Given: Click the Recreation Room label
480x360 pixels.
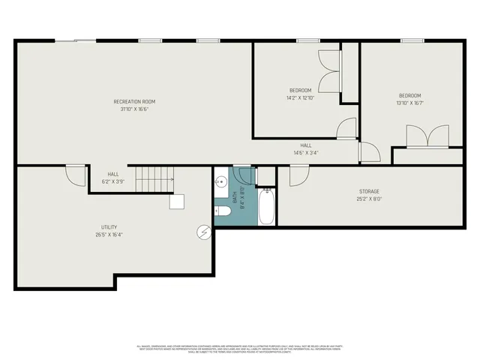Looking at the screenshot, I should (x=134, y=101).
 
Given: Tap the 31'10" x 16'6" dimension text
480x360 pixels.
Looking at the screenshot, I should (x=134, y=109).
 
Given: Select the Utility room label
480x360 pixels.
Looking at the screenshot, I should (x=109, y=227).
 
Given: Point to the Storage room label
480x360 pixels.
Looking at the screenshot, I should (x=368, y=192).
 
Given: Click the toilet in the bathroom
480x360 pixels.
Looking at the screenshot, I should (x=223, y=212).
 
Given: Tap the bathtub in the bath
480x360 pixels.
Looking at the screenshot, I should (x=267, y=207).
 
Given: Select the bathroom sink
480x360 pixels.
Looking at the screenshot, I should (x=221, y=182).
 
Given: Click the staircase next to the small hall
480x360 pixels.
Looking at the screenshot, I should (x=155, y=180).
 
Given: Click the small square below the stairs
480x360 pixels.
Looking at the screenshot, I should (x=177, y=201).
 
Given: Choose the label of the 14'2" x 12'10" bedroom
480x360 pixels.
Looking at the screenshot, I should (x=299, y=91).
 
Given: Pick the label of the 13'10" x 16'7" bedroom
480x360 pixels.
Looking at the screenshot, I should (x=410, y=96).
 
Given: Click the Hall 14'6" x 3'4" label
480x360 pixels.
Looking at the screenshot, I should (x=306, y=145).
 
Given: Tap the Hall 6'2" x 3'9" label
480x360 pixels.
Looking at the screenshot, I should (x=113, y=174).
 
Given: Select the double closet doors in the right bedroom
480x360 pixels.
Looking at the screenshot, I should (x=427, y=136).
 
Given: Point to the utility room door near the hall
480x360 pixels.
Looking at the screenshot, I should (x=75, y=175).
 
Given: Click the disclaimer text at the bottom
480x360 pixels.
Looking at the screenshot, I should (x=239, y=349).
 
